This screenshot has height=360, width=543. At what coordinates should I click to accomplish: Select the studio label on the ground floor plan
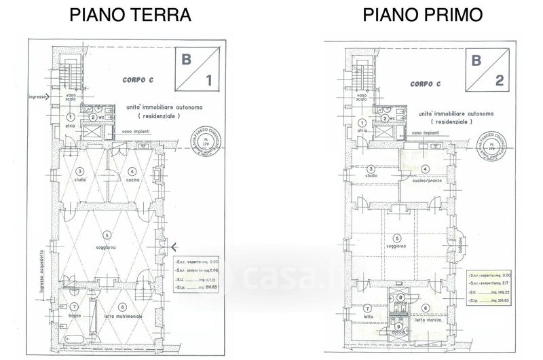tap(81, 180)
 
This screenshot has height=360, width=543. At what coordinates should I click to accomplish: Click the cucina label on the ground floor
tap(133, 180)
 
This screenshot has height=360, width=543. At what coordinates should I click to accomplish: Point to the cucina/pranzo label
tap(426, 181)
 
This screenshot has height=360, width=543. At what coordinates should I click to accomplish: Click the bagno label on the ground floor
tap(73, 317)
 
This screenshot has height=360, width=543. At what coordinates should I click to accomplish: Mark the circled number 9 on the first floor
tap(399, 327)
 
